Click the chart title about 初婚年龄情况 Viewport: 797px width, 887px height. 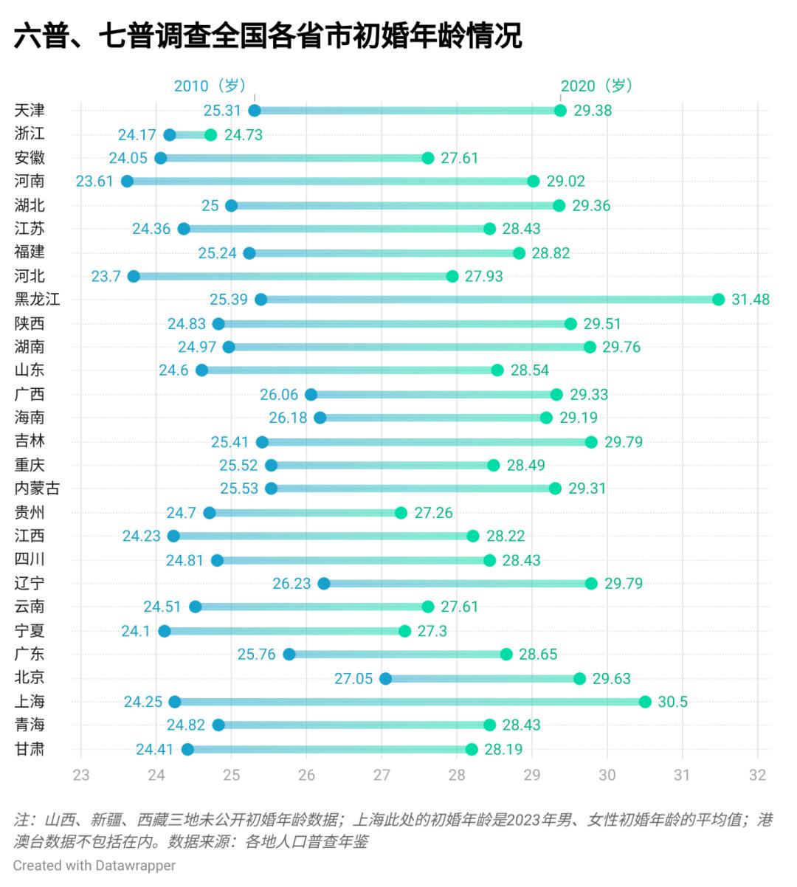coord(267,35)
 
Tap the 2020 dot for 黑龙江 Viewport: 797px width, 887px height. coord(719,300)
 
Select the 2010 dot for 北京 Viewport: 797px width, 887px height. coord(385,678)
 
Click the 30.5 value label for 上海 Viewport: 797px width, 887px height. coord(672,702)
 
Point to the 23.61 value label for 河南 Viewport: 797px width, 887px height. coord(94,182)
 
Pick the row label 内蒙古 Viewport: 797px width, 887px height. coord(38,489)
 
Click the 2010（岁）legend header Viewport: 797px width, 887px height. coord(210,86)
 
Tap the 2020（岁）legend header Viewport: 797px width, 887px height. coord(597,86)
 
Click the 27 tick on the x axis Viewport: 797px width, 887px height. coord(382,775)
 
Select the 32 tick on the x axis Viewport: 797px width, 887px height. coord(757,775)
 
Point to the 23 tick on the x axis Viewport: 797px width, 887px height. coord(81,775)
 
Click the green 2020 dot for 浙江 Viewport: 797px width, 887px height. coord(211,135)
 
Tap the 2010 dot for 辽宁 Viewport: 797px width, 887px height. coord(323,584)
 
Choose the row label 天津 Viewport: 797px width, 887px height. coord(30,111)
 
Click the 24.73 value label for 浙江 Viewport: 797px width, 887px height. coord(244,135)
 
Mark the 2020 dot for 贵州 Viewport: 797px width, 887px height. coord(401,513)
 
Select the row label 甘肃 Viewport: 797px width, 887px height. coord(30,750)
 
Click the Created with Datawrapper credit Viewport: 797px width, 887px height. coord(94,865)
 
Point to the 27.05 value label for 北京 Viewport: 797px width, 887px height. coord(353,678)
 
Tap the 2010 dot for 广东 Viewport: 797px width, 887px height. coord(289,655)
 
